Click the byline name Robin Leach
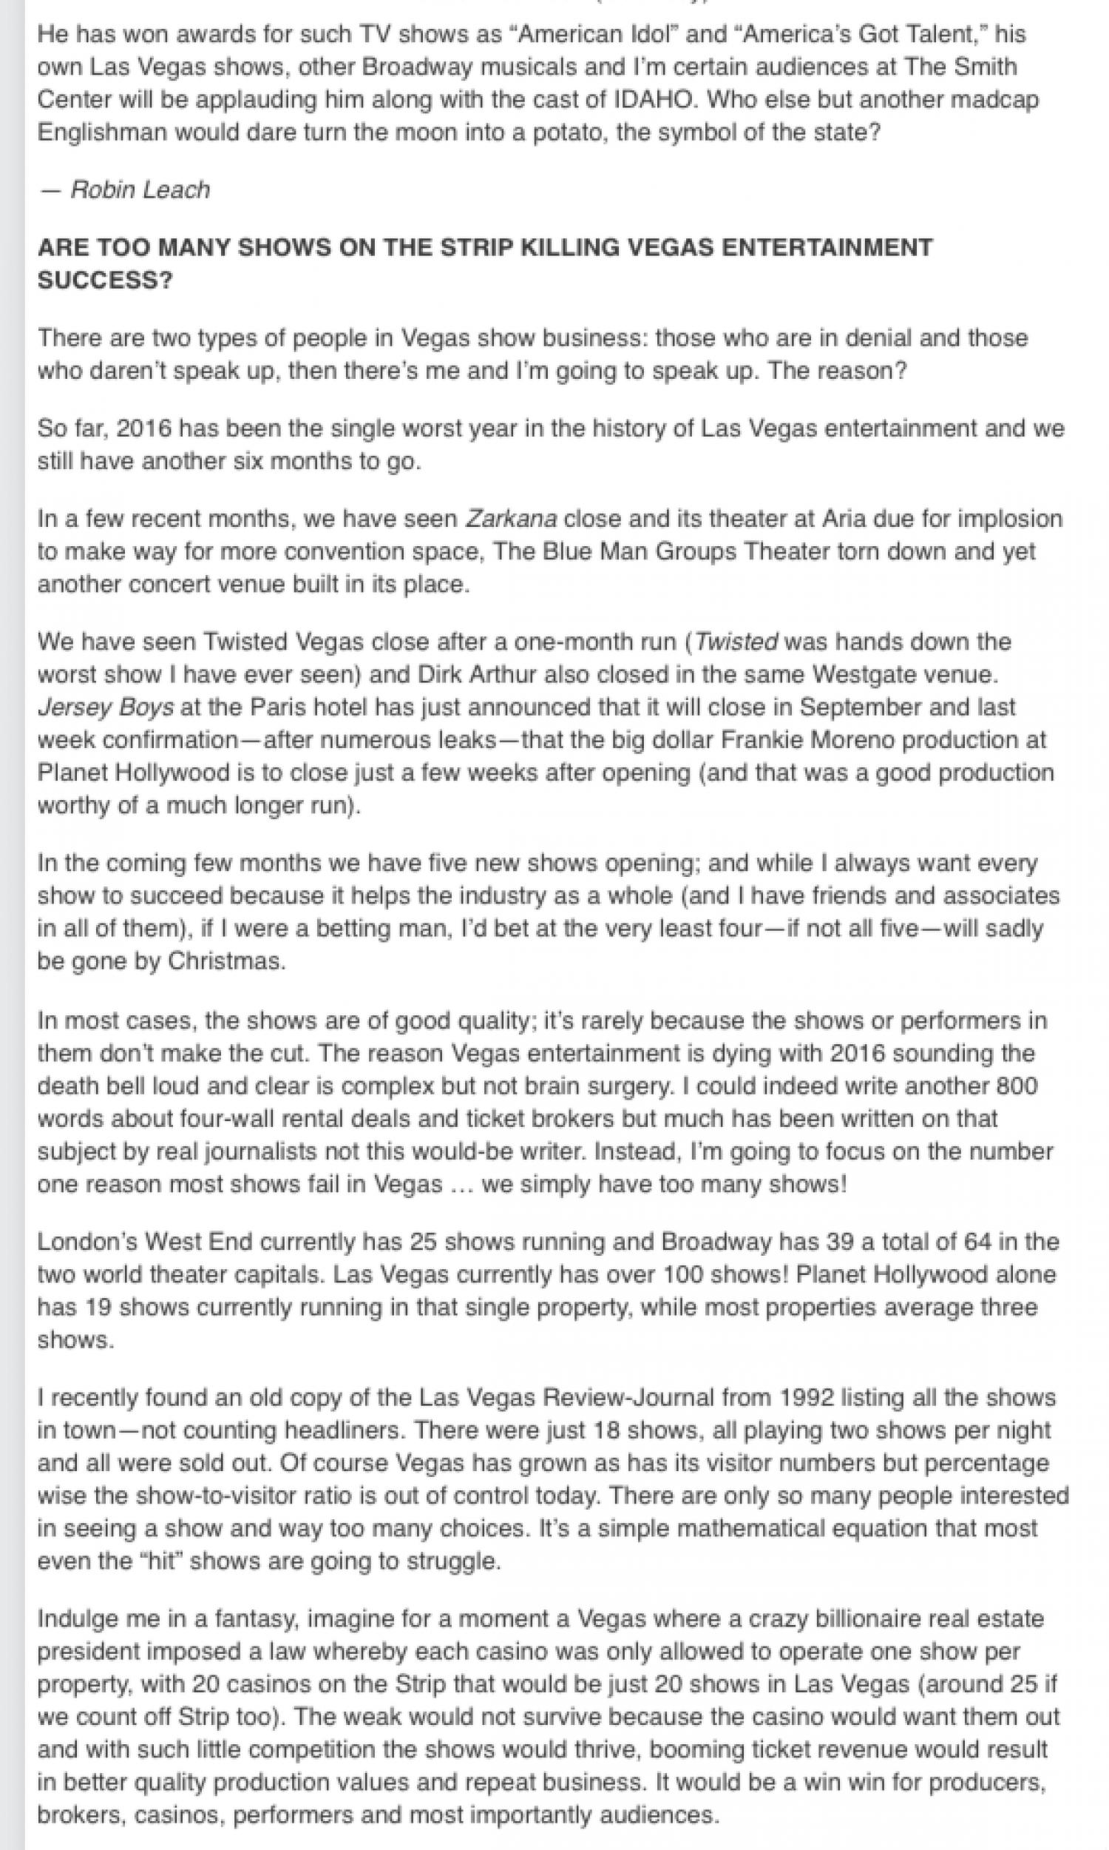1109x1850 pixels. point(140,190)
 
